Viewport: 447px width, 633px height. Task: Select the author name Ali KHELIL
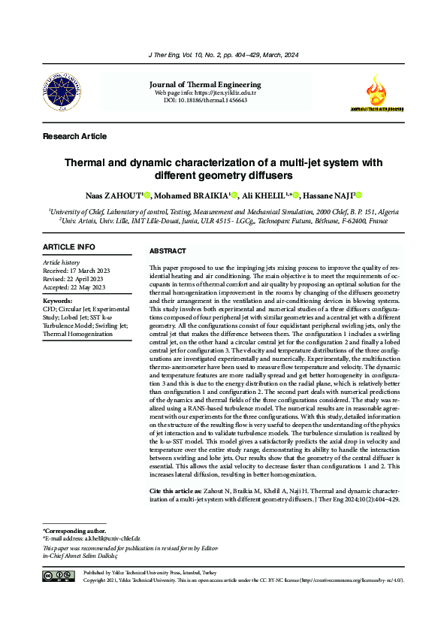pyautogui.click(x=262, y=195)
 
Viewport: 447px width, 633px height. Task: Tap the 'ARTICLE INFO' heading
pyautogui.click(x=69, y=247)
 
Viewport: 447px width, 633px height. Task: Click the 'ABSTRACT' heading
pyautogui.click(x=168, y=250)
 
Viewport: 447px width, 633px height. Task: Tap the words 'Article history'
pyautogui.click(x=62, y=262)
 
